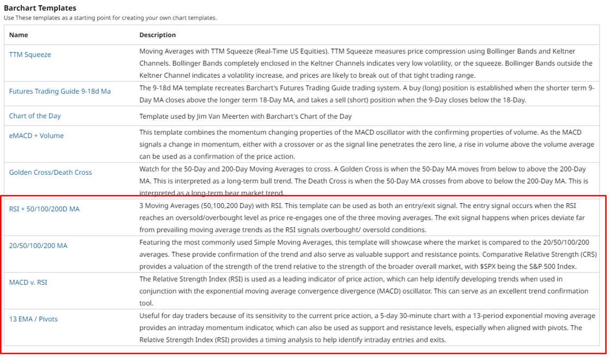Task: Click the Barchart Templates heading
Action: click(x=40, y=8)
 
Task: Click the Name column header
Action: click(x=19, y=35)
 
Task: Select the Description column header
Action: click(x=157, y=35)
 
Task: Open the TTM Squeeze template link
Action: click(x=30, y=54)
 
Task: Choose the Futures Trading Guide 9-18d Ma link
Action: click(x=59, y=91)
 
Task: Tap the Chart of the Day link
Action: click(x=35, y=116)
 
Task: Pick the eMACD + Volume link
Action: click(x=36, y=136)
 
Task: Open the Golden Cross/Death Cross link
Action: click(x=50, y=172)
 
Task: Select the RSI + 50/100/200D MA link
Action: click(x=44, y=209)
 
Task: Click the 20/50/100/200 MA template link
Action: click(x=38, y=246)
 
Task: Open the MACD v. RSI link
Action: click(x=32, y=282)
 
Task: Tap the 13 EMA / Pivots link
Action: click(x=33, y=319)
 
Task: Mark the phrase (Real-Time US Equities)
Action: click(x=288, y=51)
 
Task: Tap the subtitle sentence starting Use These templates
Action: click(x=110, y=18)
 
